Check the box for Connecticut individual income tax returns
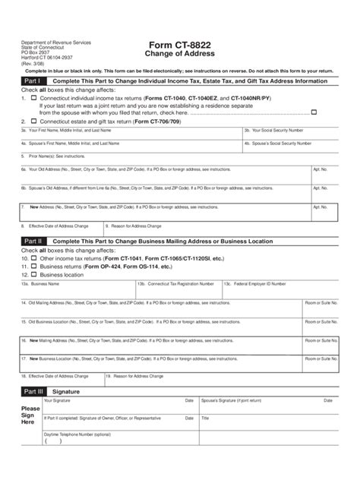pos(33,99)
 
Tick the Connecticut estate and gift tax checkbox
pos(33,122)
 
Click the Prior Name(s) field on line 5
pos(179,158)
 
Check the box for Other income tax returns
pos(33,257)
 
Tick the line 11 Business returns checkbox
pos(33,267)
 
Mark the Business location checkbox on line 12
pos(33,275)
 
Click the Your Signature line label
pos(58,401)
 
